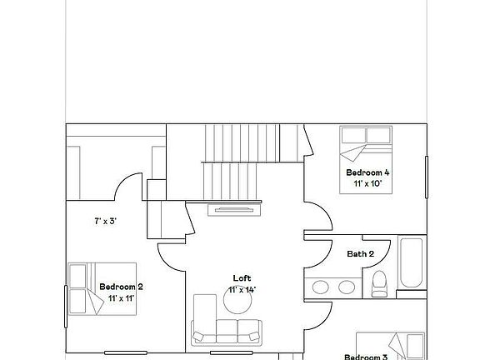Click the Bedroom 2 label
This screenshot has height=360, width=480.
click(122, 287)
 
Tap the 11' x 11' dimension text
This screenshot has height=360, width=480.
click(122, 297)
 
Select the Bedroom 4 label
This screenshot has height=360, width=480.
click(367, 172)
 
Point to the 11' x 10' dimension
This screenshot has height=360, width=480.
click(367, 183)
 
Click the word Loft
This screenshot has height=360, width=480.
click(242, 278)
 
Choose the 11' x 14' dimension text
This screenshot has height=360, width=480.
click(242, 289)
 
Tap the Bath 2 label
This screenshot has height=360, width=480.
click(360, 253)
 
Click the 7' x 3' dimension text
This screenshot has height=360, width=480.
click(105, 222)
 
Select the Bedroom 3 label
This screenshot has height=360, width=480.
click(367, 357)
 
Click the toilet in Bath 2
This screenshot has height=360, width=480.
click(378, 283)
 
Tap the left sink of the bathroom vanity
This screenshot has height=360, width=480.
click(322, 287)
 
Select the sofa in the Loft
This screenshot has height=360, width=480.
click(226, 330)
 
